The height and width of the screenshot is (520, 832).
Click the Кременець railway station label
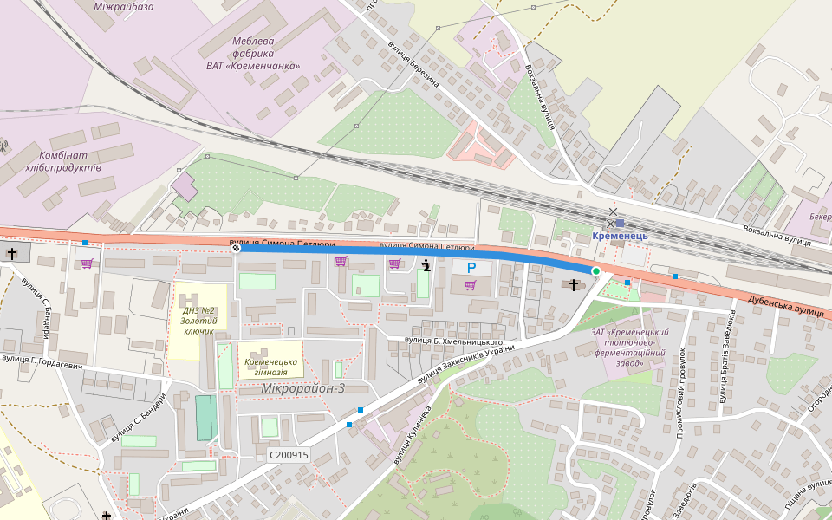[x=620, y=236]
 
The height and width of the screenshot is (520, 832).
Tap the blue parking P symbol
[x=471, y=269]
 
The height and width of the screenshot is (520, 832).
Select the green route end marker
[x=595, y=271]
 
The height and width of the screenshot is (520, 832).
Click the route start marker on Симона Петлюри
[x=236, y=248]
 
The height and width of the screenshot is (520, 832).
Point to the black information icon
[x=426, y=265]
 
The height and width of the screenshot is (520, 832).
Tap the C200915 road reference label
[x=289, y=455]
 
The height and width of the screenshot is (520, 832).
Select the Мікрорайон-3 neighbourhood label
[x=302, y=388]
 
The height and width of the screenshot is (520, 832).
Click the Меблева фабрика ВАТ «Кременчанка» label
[x=253, y=53]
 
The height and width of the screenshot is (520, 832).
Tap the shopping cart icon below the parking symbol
[x=470, y=285]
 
